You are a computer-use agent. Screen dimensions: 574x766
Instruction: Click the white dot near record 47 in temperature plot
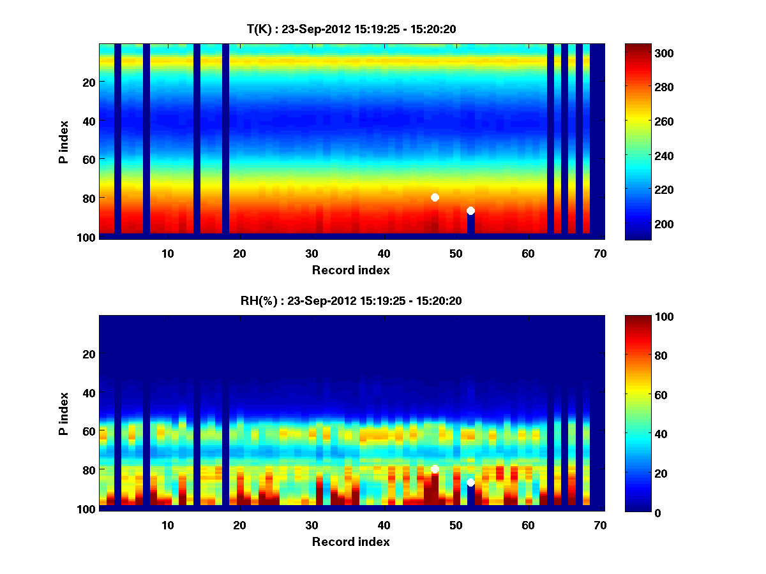click(x=435, y=197)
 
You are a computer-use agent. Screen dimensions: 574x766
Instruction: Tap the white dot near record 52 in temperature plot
click(x=470, y=210)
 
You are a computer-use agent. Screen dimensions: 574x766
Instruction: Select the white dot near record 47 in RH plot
click(x=435, y=469)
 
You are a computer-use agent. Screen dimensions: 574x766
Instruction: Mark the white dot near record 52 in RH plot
click(x=470, y=482)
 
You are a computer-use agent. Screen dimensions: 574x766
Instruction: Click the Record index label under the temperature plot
click(x=350, y=270)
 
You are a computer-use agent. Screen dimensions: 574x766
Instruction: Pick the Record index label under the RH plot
click(x=350, y=541)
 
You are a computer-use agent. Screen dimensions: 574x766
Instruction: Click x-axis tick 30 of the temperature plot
click(x=312, y=253)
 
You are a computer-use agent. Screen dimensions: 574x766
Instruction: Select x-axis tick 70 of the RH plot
click(x=600, y=525)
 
